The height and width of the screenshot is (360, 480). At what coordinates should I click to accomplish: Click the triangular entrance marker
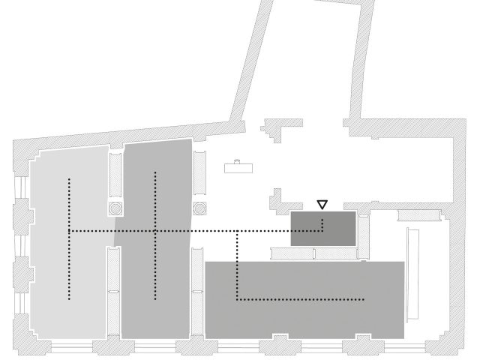(x=322, y=204)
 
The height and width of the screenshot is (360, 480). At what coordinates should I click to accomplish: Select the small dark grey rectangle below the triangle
(x=323, y=229)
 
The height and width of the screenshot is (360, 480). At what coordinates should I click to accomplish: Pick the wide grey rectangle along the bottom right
(x=304, y=300)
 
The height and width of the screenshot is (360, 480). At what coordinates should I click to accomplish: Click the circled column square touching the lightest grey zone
(x=115, y=208)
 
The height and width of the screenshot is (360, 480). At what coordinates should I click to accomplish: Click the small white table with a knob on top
(x=238, y=167)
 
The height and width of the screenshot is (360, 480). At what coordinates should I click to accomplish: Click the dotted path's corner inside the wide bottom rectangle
(x=238, y=299)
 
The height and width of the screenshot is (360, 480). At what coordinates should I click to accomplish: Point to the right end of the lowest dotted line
(x=364, y=299)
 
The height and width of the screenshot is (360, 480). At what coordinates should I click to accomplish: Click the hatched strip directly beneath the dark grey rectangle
(x=315, y=254)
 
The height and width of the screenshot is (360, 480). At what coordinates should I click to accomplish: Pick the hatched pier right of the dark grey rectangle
(x=364, y=236)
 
